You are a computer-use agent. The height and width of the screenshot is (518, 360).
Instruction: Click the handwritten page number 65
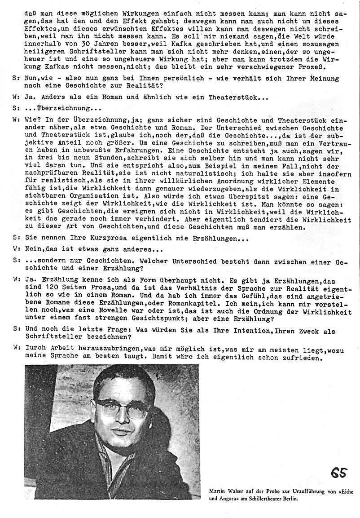point(339,473)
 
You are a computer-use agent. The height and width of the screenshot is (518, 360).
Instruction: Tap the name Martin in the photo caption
point(217,491)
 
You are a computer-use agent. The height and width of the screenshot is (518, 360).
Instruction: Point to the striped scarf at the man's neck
point(108,463)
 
